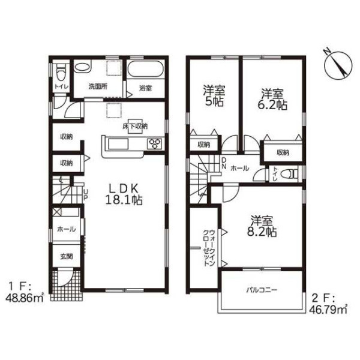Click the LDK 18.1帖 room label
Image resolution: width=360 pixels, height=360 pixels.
pos(124,194)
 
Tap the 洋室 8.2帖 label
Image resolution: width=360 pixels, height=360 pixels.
pos(262,226)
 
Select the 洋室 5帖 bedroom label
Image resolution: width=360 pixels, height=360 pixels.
pos(214,96)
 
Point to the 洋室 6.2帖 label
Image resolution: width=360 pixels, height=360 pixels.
pos(272,99)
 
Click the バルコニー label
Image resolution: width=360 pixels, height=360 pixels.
pos(262,290)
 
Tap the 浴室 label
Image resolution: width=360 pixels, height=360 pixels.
pos(145,88)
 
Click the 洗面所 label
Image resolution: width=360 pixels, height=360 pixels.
pos(98,86)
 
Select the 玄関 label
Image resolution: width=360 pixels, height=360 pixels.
pos(67,256)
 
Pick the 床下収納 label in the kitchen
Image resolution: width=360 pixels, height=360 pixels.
pos(135,126)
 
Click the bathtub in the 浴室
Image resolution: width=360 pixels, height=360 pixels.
pos(146,69)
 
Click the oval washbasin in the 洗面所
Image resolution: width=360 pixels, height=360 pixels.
pos(82,67)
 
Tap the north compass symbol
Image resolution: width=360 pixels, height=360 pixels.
pos(338,65)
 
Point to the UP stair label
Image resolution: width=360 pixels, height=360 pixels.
pos(86,195)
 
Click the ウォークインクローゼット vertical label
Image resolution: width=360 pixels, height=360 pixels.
pos(209,247)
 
